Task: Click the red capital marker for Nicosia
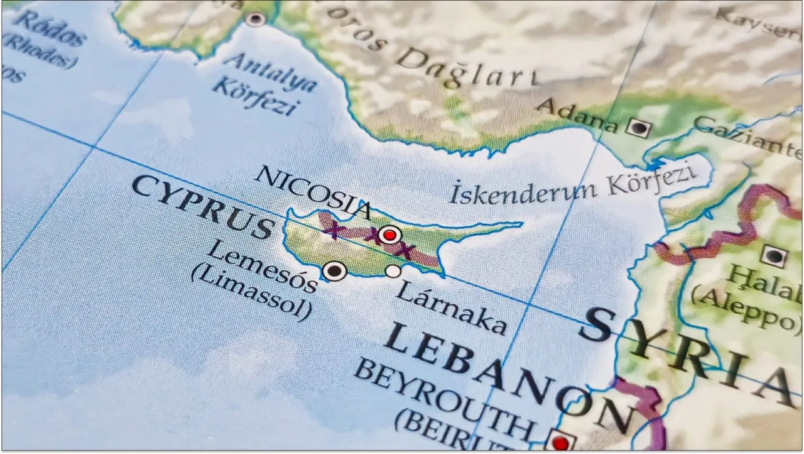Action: [x=390, y=235]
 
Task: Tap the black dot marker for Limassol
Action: [x=334, y=271]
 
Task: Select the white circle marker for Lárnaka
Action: [x=393, y=271]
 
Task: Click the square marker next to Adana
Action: [x=639, y=128]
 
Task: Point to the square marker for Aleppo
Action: [x=773, y=256]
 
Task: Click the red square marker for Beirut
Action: [x=560, y=442]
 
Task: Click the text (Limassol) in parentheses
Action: [x=251, y=293]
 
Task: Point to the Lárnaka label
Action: [x=451, y=307]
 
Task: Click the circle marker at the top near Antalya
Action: [x=255, y=19]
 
